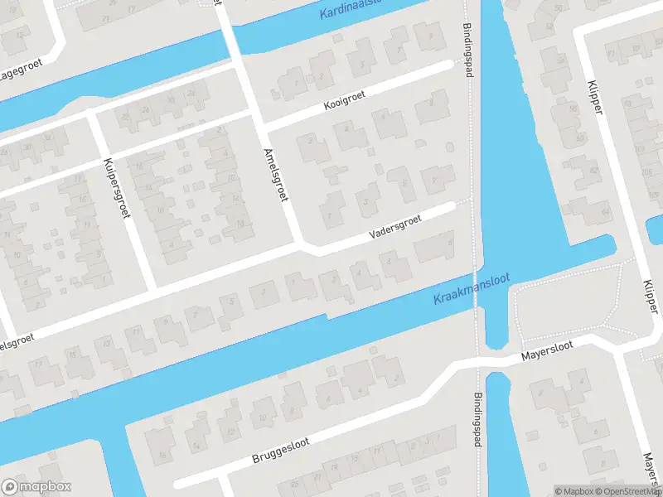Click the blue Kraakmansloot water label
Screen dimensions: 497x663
(471, 289)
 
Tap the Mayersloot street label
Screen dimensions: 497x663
(547, 355)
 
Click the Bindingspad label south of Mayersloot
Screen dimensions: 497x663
(478, 420)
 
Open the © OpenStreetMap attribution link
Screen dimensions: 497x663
(628, 491)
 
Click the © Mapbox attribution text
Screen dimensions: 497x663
(574, 491)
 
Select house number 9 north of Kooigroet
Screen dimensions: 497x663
(430, 37)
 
